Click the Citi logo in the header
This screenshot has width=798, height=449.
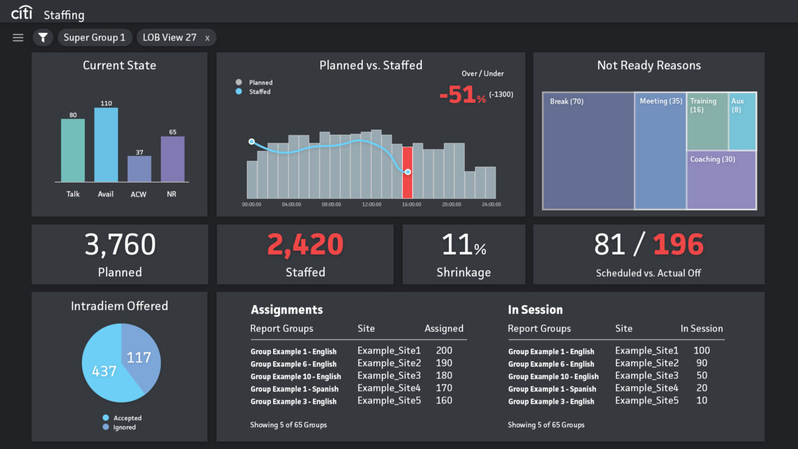(22, 12)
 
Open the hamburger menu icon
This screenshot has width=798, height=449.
(18, 38)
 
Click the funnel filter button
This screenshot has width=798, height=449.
(43, 38)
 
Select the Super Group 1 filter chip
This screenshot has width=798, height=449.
(95, 38)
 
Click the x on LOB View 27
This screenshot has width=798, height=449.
(207, 38)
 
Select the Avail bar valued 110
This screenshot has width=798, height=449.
(106, 145)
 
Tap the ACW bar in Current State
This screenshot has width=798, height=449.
(139, 168)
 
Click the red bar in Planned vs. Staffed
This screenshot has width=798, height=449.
(407, 173)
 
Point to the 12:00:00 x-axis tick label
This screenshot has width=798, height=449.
(372, 205)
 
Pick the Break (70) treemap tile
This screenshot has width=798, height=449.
(588, 151)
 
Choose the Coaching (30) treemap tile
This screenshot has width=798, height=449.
(721, 180)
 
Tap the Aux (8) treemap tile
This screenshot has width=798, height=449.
(742, 121)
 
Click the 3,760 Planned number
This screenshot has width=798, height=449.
(120, 245)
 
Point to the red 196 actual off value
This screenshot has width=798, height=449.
(678, 245)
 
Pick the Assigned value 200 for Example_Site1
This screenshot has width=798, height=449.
(444, 350)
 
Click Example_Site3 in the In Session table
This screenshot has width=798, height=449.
(647, 375)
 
